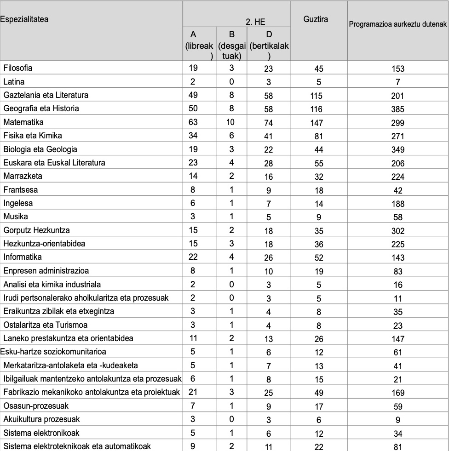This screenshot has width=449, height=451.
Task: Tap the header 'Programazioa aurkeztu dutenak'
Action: coord(398,24)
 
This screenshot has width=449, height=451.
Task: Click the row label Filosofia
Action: coord(18,68)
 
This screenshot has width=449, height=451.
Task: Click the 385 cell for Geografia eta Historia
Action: coord(398,109)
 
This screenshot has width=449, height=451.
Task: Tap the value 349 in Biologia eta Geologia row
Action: coord(398,150)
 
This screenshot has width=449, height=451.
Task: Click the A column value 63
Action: coord(193,122)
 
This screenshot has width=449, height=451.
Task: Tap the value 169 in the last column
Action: coord(398,393)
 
